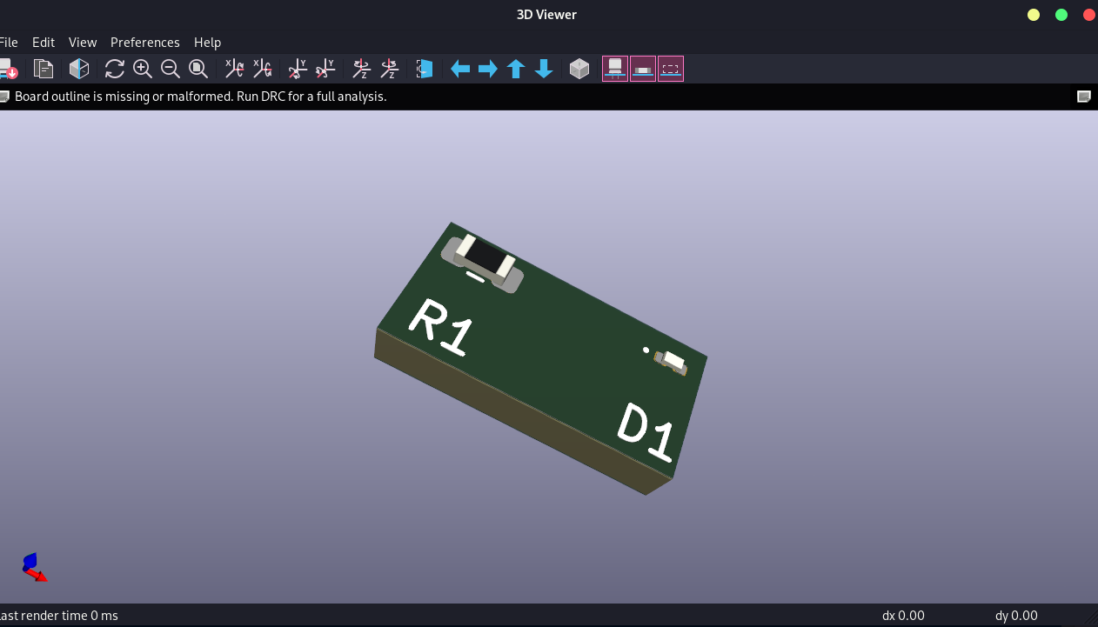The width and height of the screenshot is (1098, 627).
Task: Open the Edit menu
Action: (44, 42)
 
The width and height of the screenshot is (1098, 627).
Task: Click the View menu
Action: (83, 42)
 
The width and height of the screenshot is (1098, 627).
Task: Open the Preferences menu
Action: (144, 42)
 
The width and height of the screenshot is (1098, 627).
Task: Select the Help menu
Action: (207, 42)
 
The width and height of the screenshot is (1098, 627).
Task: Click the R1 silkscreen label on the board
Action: (441, 328)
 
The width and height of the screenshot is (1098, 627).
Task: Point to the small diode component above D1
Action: (673, 362)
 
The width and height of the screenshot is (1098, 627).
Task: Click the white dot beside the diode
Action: (646, 350)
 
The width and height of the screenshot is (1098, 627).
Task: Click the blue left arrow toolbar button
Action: (460, 69)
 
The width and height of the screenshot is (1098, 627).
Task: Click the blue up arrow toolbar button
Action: (516, 69)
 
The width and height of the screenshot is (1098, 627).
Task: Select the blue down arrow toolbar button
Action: (544, 69)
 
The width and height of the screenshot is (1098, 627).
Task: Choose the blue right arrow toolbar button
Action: (488, 69)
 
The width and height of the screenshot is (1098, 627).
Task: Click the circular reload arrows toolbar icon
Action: (114, 69)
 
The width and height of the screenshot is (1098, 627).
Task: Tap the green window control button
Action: (1061, 15)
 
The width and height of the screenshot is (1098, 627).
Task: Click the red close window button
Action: (1088, 15)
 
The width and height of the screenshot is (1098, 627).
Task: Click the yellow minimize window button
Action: (1034, 15)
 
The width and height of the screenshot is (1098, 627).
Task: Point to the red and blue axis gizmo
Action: (33, 567)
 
